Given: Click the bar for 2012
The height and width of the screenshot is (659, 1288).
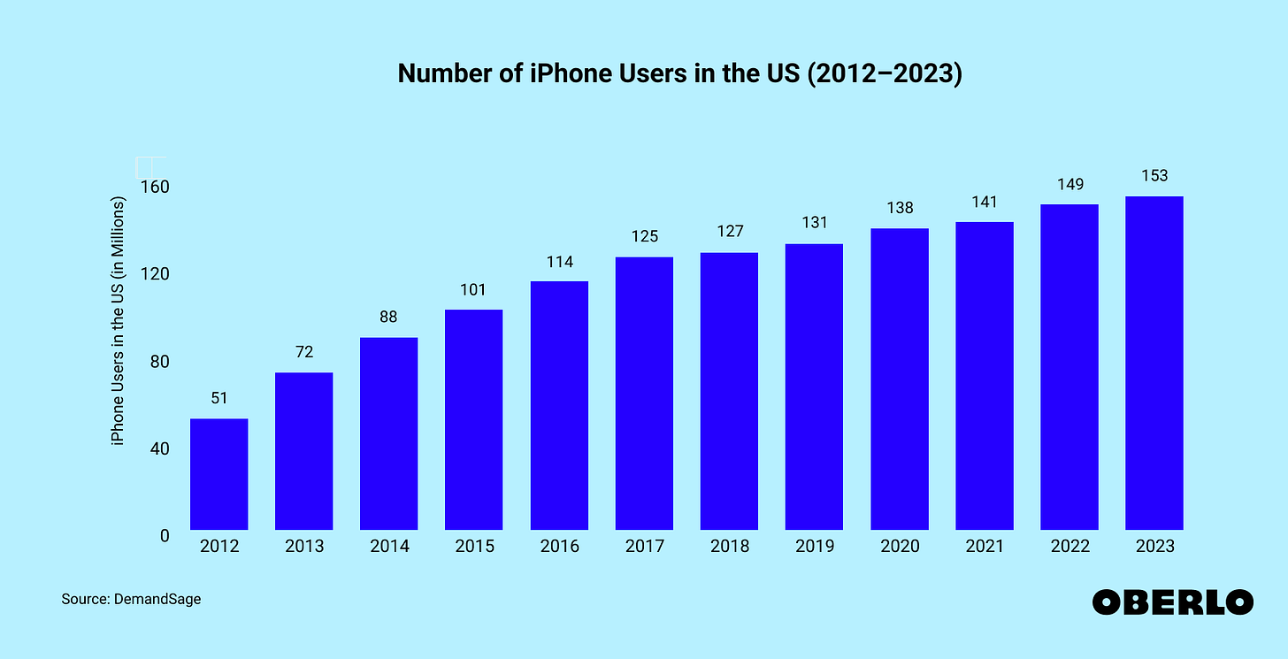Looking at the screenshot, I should [x=219, y=474].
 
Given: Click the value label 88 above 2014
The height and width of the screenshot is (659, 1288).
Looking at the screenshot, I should [x=389, y=316].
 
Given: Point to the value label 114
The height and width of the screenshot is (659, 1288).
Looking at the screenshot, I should [x=559, y=261].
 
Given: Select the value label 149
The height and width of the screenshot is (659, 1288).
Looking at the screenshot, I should [x=1069, y=184].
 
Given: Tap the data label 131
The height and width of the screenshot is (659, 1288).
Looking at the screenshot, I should [x=814, y=224].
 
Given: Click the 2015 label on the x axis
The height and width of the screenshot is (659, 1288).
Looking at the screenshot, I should [x=474, y=547].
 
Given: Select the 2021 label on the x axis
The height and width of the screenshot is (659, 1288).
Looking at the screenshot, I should [x=984, y=547].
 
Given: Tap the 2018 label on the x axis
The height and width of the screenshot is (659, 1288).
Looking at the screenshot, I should [x=729, y=547].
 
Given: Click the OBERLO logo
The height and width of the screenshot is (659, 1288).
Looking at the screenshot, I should [x=1172, y=602].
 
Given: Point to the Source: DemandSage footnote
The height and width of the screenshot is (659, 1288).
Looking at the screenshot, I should [x=131, y=600].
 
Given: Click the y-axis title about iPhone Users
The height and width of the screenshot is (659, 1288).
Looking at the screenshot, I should [x=119, y=320].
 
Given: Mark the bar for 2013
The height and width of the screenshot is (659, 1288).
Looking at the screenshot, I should [x=304, y=451].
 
